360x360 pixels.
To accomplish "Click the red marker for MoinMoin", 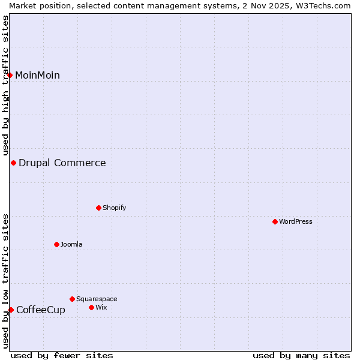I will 10,75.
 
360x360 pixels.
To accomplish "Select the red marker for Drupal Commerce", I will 13,163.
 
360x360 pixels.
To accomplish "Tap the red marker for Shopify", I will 98,208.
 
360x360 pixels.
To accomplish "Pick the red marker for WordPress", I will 275,221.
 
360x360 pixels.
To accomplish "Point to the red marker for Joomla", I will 56,244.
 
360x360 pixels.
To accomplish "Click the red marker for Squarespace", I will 72,299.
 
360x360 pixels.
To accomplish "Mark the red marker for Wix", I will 91,307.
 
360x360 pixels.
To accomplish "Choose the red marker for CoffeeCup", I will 11,310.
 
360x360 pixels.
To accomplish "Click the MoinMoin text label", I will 37,75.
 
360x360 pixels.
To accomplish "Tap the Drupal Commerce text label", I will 62,163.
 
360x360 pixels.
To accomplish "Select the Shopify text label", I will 114,208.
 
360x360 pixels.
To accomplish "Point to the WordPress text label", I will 295,221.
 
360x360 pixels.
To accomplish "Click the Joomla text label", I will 71,244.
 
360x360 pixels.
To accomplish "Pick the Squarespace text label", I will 97,299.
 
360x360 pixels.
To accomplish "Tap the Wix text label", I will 101,307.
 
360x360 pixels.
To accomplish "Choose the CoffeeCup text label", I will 41,310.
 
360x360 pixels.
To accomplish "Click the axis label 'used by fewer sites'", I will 62,355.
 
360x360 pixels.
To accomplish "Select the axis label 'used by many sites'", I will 301,355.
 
